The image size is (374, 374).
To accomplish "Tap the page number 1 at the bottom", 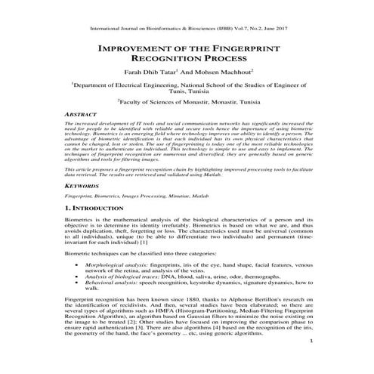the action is pyautogui.click(x=311, y=362).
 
